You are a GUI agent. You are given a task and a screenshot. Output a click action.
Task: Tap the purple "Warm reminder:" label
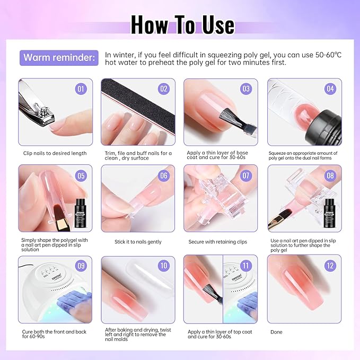[59, 57]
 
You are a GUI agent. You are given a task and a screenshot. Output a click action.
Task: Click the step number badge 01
[81, 89]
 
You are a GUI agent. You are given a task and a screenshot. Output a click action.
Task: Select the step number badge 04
[330, 89]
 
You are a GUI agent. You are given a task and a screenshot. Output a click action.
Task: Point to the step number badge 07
[246, 175]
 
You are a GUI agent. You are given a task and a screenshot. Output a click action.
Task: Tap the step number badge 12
[330, 266]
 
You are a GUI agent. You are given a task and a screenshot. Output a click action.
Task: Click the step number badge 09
[81, 266]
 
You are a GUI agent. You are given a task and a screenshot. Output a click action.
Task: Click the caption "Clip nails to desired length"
[55, 153]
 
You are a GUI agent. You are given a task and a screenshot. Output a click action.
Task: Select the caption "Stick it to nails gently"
[138, 242]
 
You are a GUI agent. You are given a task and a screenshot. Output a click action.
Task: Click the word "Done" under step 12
[276, 332]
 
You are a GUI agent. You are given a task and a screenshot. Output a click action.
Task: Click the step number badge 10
[163, 266]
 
